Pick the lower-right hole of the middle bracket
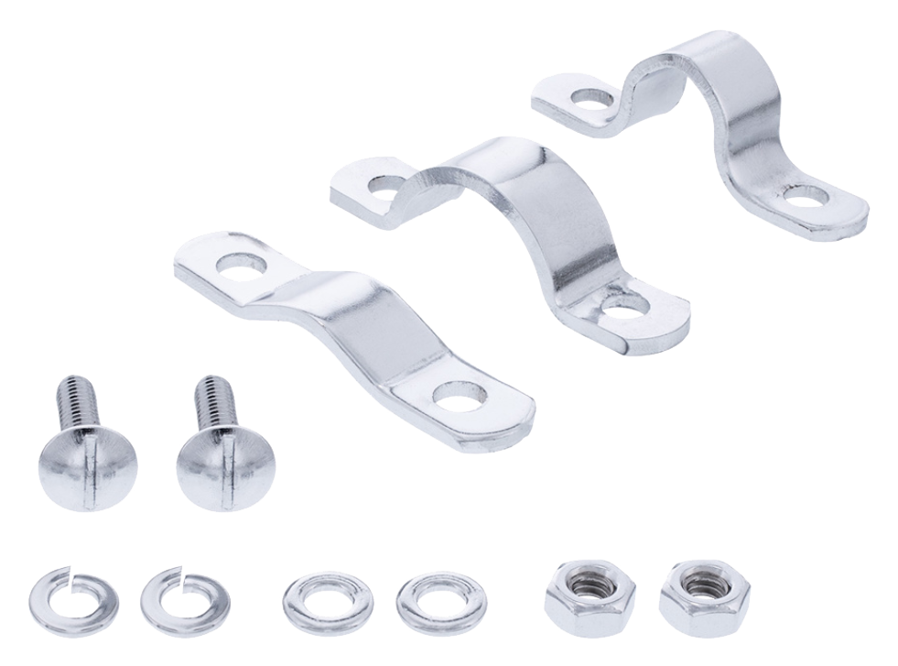[625, 307]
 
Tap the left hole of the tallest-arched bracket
[594, 96]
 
